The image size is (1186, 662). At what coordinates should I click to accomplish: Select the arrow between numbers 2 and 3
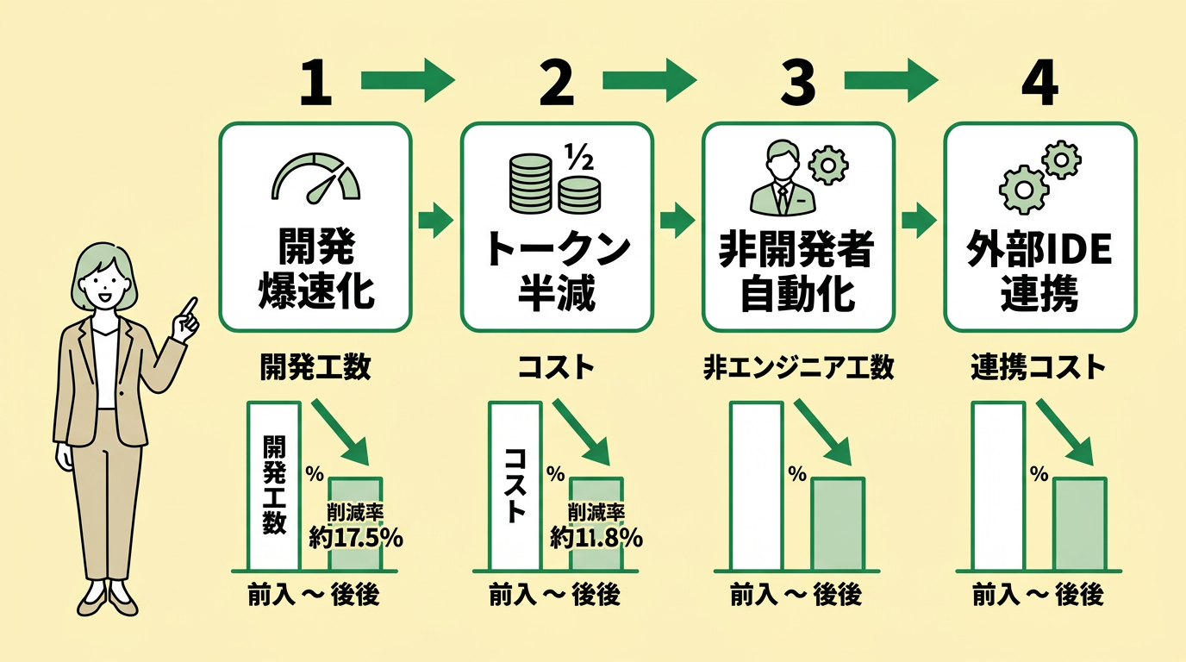648,82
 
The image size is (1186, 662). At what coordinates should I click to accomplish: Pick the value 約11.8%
597,538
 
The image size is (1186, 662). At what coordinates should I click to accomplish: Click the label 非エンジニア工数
797,368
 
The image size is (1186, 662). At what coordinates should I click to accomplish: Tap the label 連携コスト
1039,368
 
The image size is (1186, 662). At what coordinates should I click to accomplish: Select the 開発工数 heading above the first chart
315,368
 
